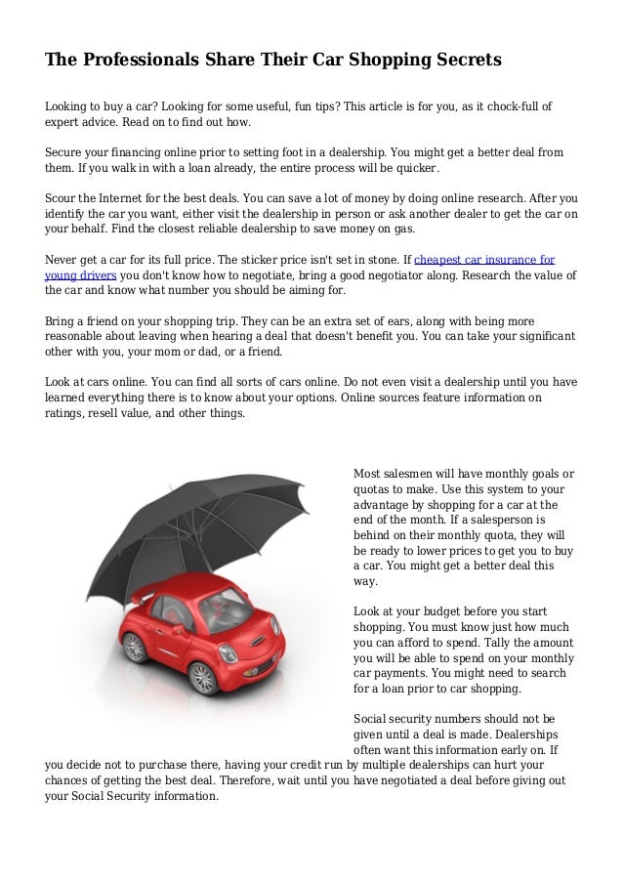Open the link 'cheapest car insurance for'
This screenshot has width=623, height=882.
(x=485, y=261)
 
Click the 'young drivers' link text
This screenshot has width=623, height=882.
(x=80, y=275)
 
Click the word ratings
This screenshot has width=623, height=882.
(x=65, y=412)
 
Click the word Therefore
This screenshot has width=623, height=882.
(x=252, y=780)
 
